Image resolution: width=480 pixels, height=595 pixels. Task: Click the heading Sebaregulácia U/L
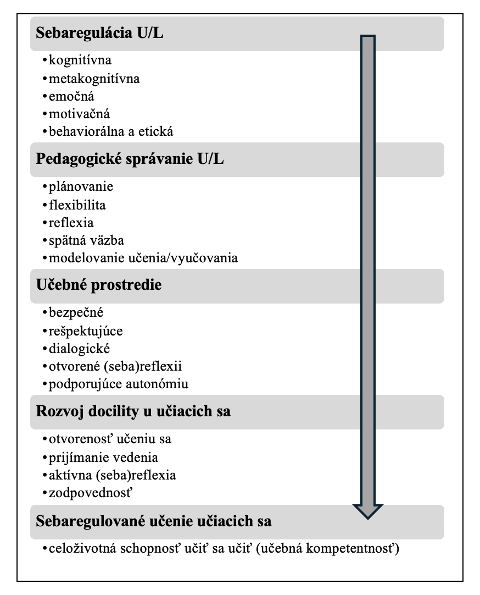(x=99, y=33)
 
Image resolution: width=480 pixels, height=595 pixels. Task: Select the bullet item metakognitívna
(x=94, y=79)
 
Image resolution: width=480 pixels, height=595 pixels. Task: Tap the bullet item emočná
(x=71, y=96)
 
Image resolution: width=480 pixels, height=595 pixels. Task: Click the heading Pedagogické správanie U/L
(x=130, y=159)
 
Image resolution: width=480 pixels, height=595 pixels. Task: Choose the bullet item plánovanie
(x=81, y=186)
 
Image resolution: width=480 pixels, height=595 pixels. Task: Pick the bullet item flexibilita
(x=77, y=205)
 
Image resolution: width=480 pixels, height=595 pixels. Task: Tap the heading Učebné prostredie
(x=98, y=285)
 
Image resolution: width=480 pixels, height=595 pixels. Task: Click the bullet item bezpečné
(x=76, y=312)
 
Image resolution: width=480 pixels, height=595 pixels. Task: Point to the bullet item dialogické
(x=80, y=349)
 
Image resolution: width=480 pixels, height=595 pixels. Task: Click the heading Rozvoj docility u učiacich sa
(x=133, y=411)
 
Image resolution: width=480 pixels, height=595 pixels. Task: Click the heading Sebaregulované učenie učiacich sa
(x=153, y=521)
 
